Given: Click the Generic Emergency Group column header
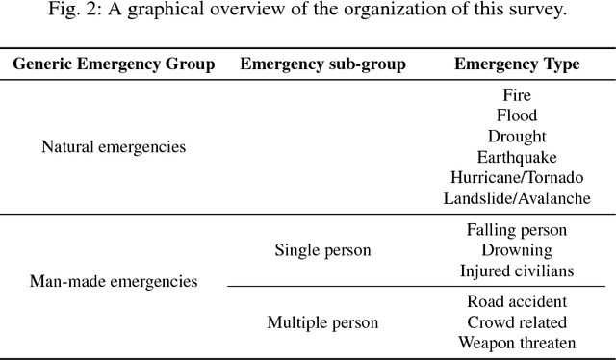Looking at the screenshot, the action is pos(115,65).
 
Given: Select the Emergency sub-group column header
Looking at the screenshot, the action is pos(322,65).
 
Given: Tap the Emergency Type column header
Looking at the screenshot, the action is pos(517,65).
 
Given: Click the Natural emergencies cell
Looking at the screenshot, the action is pos(114,147).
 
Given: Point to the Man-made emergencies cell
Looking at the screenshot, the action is pos(114,282).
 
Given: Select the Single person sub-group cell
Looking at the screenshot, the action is pos(322,250).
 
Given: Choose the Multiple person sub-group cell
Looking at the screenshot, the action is pos(322,321).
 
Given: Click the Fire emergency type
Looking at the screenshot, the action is pos(517,95).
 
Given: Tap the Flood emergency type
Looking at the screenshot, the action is pos(517,116).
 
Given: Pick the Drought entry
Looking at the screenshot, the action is pos(517,137).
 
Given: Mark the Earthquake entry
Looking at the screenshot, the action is pos(517,157).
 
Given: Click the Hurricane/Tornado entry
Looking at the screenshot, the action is pos(517,178).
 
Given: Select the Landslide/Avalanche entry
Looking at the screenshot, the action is pos(517,198).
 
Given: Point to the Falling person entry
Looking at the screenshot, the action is pos(517,230).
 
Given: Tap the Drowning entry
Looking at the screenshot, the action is pos(517,250).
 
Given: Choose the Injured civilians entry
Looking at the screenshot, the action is pos(517,271).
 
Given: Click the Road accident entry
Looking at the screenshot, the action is pos(517,301).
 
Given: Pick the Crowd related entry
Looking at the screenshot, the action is pos(517,321).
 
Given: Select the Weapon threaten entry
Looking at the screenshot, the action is pos(517,343).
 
